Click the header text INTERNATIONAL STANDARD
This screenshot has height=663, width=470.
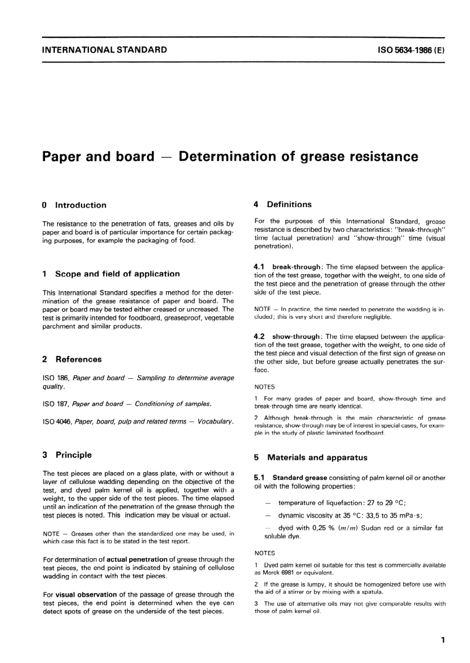[104, 49]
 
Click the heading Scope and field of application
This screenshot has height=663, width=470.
[117, 274]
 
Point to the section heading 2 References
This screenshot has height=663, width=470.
[72, 359]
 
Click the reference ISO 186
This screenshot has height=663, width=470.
[55, 378]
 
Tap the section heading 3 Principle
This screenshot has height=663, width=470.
[67, 455]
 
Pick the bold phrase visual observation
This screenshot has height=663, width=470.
[86, 595]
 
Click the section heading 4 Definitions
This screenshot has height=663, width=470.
[282, 204]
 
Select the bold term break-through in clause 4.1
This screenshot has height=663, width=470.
[296, 267]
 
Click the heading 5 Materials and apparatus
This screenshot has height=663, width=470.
[311, 458]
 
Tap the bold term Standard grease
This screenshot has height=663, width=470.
[299, 478]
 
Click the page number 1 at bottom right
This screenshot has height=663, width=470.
[443, 640]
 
